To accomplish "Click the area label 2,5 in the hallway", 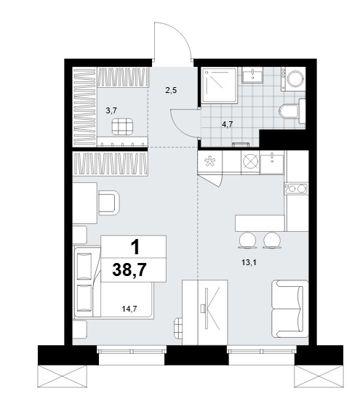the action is tap(171, 91).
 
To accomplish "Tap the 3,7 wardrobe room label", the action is tap(111, 110).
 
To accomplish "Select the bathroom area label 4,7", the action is tap(228, 124).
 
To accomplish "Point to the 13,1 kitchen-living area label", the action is tap(249, 263).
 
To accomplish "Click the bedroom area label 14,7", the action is tap(129, 309).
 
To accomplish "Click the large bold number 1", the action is tap(135, 248).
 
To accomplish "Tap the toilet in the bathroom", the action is tap(292, 111).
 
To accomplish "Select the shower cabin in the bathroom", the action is tap(219, 85).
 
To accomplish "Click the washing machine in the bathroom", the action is tap(293, 78).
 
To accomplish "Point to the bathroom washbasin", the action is tap(252, 75).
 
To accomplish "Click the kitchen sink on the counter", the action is tap(272, 163).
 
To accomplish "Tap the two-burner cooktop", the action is tap(297, 189).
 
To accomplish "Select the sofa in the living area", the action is tap(290, 309).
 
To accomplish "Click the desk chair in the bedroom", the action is tap(109, 203).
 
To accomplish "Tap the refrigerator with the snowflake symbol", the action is tap(210, 162).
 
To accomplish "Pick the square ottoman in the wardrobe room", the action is tap(122, 126).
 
